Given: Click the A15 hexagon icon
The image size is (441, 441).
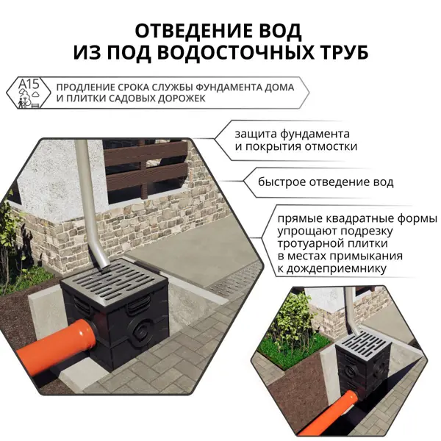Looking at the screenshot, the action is [29, 93].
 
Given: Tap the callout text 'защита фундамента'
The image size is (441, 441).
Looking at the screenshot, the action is [293, 135].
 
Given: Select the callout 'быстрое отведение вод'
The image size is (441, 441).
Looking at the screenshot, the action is [326, 182].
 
